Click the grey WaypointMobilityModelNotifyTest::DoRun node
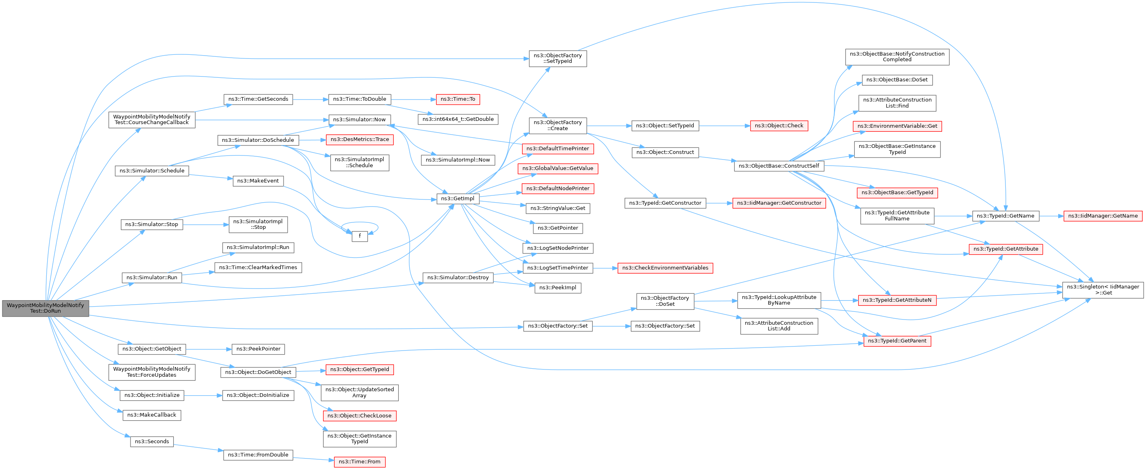[x=46, y=308]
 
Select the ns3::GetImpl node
[x=458, y=199]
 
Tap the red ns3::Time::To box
[x=458, y=99]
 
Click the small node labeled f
[x=359, y=236]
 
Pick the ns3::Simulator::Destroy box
[x=458, y=278]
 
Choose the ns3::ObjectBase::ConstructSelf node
[x=779, y=166]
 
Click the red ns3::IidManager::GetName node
[x=1103, y=216]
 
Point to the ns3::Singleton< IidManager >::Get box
[x=1103, y=290]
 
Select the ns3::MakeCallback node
[x=152, y=415]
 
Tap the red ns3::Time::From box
[x=359, y=462]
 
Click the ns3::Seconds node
[x=152, y=442]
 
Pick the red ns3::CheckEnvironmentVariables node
[x=665, y=268]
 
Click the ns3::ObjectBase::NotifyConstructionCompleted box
[x=897, y=56]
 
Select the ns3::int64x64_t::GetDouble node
[x=458, y=119]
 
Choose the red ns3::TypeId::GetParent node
[x=897, y=341]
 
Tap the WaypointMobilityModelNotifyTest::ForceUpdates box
[x=152, y=372]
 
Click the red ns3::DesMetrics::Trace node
[x=359, y=139]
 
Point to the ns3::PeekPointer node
[x=258, y=349]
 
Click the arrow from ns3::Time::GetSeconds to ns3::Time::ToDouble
[x=310, y=99]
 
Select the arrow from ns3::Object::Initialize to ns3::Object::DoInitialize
[x=203, y=395]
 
